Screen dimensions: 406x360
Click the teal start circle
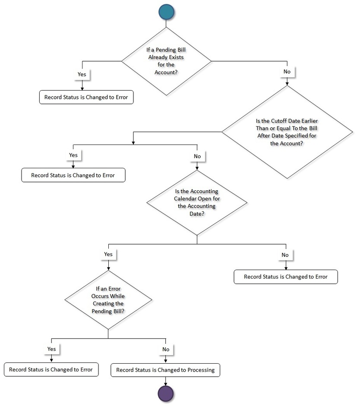[167, 12]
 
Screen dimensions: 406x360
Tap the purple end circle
[166, 393]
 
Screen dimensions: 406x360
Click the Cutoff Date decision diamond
[287, 132]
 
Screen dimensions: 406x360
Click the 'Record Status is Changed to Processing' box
[166, 370]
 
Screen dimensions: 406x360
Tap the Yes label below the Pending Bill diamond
[82, 74]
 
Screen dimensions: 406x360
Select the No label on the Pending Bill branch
[287, 71]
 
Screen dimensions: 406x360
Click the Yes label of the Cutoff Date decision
[73, 154]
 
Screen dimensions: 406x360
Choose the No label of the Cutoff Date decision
[197, 156]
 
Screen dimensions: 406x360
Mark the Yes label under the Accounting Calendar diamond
[108, 254]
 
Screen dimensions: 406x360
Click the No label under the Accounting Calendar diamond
[285, 255]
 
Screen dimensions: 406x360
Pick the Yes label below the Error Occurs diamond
[51, 349]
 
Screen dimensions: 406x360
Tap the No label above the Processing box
[166, 349]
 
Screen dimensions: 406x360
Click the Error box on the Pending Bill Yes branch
[86, 97]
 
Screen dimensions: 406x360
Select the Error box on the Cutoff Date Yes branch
[73, 176]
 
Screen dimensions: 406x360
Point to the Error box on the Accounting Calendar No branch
[285, 277]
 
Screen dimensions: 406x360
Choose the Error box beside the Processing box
[51, 370]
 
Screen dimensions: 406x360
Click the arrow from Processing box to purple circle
[166, 381]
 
